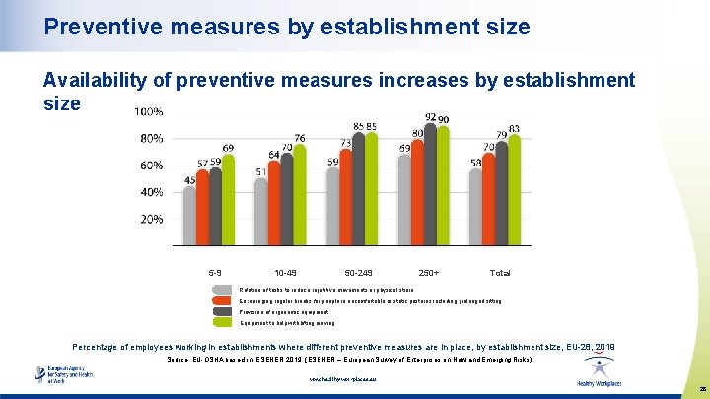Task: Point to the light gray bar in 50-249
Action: coord(333,206)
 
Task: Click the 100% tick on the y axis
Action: coord(148,111)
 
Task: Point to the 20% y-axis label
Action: coord(150,219)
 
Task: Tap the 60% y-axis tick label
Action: coord(150,166)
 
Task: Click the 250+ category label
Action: coord(429,272)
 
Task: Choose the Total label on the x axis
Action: coord(500,272)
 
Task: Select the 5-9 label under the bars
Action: coord(215,272)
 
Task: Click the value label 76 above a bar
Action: coord(299,138)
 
